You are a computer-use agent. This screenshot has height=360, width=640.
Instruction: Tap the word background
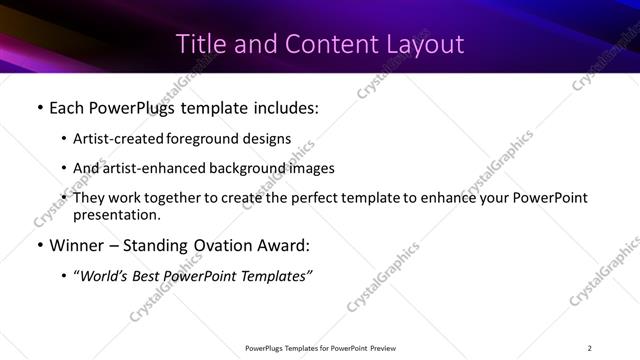pyautogui.click(x=246, y=168)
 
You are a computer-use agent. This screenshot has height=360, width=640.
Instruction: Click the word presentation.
pyautogui.click(x=116, y=214)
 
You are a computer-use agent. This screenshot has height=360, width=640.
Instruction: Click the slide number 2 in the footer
pyautogui.click(x=589, y=348)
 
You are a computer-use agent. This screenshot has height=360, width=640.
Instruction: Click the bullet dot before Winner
pyautogui.click(x=39, y=246)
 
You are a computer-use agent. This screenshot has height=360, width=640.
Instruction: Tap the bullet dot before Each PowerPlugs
pyautogui.click(x=39, y=107)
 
